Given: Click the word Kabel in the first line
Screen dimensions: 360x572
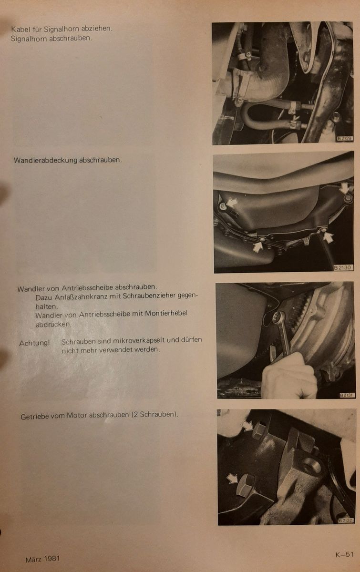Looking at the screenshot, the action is (20, 29).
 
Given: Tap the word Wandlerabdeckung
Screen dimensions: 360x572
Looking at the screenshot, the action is (46, 160).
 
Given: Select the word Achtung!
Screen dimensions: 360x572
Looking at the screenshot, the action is (34, 343).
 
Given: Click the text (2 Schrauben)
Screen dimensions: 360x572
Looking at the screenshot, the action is (155, 414).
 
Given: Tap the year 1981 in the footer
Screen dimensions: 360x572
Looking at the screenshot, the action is (51, 559).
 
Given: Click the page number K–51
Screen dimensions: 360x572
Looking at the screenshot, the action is (344, 554).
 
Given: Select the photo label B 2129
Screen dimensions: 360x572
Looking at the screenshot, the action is (345, 138).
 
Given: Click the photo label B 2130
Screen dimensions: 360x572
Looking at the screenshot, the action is (344, 267).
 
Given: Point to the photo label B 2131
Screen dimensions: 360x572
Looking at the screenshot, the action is (347, 395).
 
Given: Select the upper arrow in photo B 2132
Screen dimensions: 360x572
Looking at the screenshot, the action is (247, 426).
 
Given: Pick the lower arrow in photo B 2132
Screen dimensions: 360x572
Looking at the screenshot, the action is (232, 478).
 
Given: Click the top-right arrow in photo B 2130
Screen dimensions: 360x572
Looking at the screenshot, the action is (345, 188).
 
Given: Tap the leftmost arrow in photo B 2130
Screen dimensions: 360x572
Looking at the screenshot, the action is (232, 203).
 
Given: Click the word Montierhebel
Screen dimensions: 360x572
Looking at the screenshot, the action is (166, 313).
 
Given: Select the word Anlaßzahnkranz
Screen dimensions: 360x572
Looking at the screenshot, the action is (81, 296).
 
